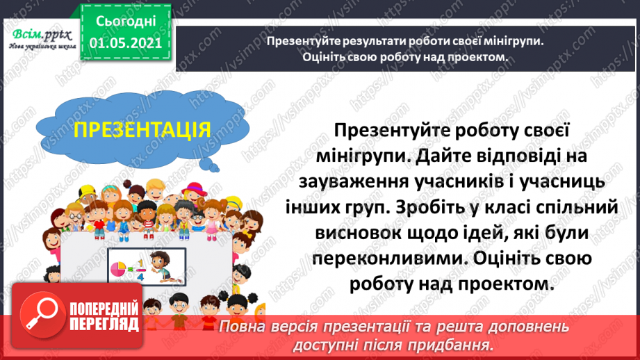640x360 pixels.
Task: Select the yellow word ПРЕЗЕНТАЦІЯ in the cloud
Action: (142, 130)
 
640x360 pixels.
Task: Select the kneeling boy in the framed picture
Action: (161, 263)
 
